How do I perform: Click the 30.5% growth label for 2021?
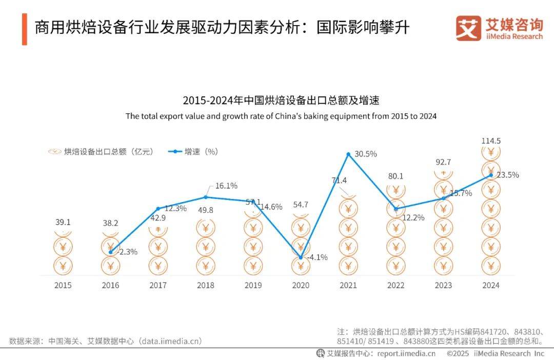pyautogui.click(x=366, y=154)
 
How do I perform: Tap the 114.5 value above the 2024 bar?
pyautogui.click(x=491, y=141)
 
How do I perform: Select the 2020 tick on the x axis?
pyautogui.click(x=301, y=285)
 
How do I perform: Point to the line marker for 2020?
pyautogui.click(x=301, y=257)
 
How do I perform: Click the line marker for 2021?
pyautogui.click(x=348, y=154)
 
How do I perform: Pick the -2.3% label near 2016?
pyautogui.click(x=127, y=252)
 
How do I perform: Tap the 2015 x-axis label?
pyautogui.click(x=63, y=285)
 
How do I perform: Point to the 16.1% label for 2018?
pyautogui.click(x=226, y=186)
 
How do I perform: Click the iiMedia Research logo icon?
pyautogui.click(x=468, y=28)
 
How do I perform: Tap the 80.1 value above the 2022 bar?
pyautogui.click(x=395, y=176)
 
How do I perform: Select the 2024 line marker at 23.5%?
pyautogui.click(x=491, y=175)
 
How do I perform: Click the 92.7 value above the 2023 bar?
pyautogui.click(x=443, y=163)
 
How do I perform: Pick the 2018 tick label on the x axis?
pyautogui.click(x=205, y=285)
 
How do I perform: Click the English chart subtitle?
pyautogui.click(x=281, y=116)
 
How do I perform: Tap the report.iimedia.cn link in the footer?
pyautogui.click(x=406, y=353)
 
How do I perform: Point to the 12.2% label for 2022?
pyautogui.click(x=413, y=217)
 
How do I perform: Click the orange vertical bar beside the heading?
pyautogui.click(x=24, y=29)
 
